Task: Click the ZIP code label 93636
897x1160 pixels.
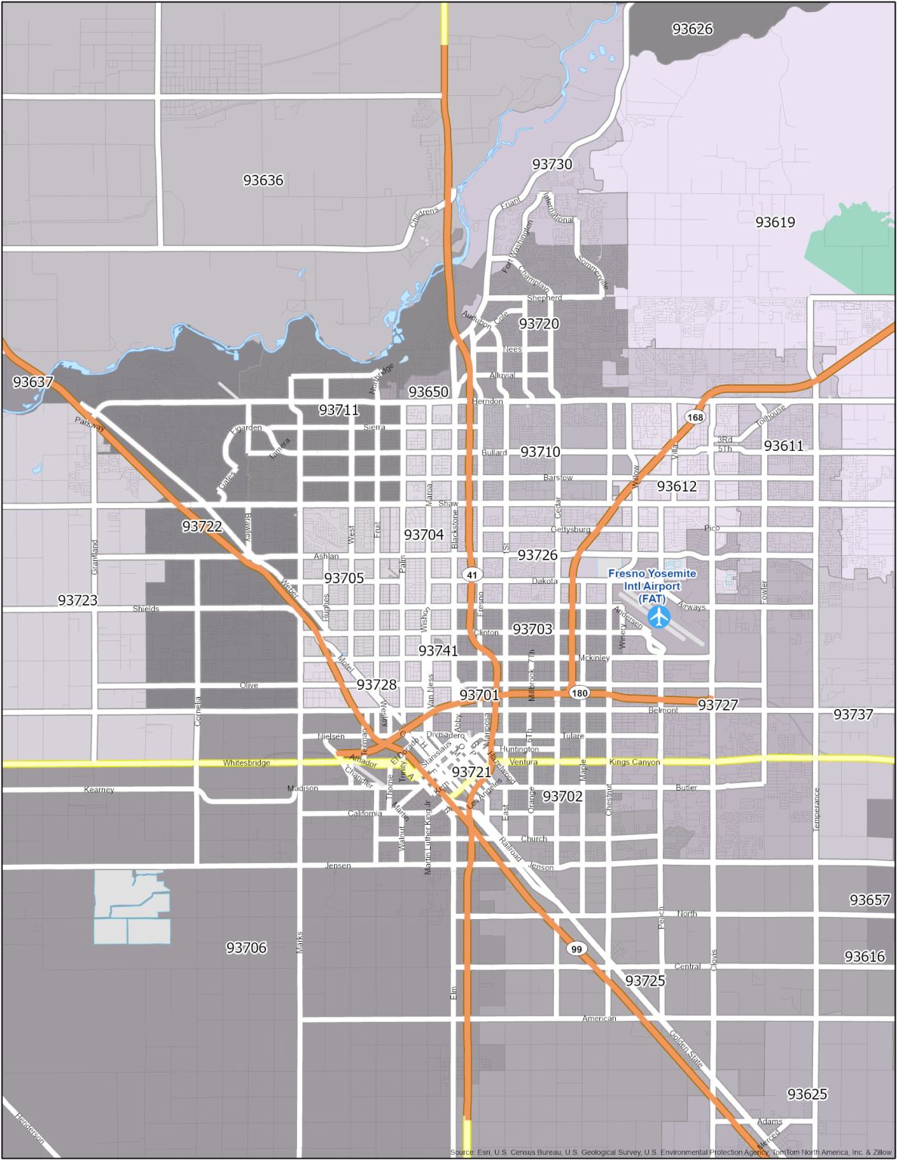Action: point(263,180)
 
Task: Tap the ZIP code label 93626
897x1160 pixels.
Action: point(692,29)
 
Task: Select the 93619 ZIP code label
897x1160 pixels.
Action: point(775,222)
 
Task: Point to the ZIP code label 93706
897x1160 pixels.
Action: point(246,948)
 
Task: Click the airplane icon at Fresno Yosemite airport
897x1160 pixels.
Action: point(659,616)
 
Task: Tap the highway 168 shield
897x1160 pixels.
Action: point(694,417)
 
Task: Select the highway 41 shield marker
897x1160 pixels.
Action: point(472,575)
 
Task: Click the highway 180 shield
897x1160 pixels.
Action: point(579,693)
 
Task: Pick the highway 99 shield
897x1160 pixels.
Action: point(577,949)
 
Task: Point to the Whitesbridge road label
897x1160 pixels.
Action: point(246,763)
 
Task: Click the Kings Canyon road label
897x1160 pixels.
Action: point(634,762)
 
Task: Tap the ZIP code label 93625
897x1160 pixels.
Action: point(807,1094)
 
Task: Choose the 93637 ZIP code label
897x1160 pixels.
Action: point(32,382)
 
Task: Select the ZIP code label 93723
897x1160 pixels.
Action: point(78,600)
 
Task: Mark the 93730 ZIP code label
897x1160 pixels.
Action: point(552,165)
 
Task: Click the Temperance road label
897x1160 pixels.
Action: point(816,810)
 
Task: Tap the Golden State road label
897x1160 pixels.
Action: point(687,1050)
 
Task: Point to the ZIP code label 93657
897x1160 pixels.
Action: point(870,900)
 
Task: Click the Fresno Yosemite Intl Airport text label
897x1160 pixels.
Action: point(652,586)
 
